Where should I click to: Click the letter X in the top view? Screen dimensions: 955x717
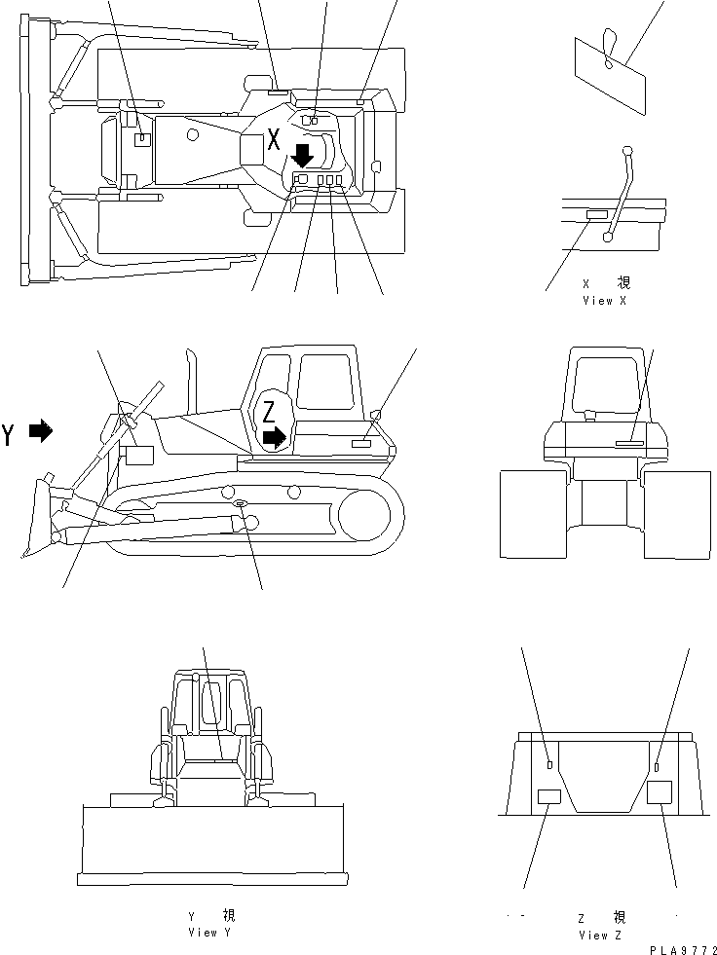(275, 138)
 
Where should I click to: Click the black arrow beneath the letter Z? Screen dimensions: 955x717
(276, 439)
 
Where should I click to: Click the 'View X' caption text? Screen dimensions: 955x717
(604, 301)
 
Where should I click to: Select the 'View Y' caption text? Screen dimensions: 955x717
(210, 932)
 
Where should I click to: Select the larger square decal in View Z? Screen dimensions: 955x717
(660, 791)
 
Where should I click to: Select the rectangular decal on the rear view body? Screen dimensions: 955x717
(631, 443)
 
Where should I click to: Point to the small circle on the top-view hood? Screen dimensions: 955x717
(192, 133)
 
